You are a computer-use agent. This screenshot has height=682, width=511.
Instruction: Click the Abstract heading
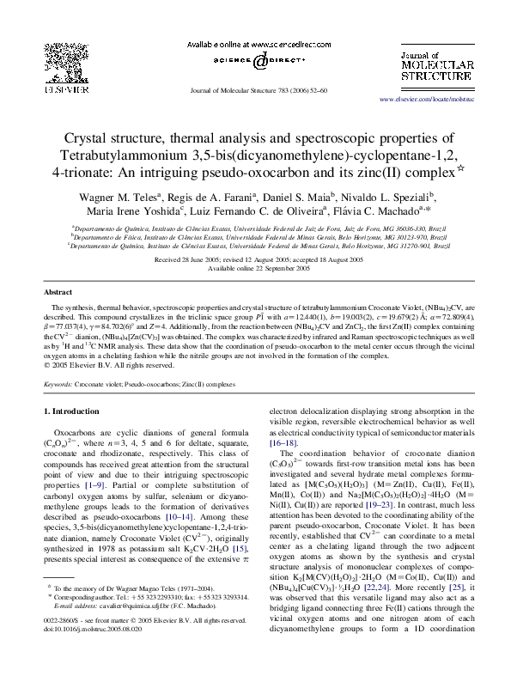(58, 292)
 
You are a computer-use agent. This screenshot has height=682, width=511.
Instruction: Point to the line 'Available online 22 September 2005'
(256, 269)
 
